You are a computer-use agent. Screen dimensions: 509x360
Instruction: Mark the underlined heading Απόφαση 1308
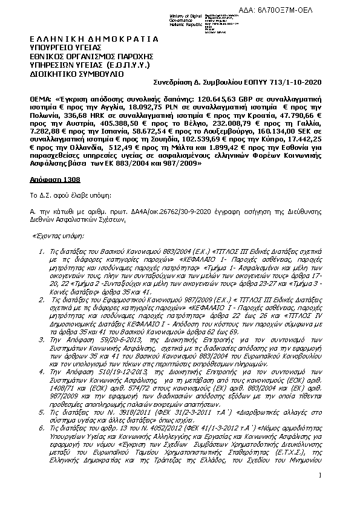point(55,179)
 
